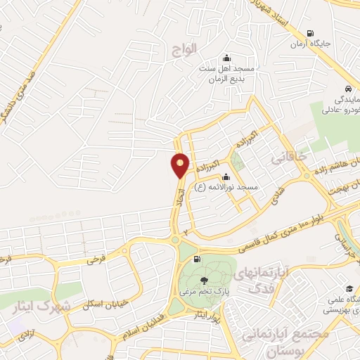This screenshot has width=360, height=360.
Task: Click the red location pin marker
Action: tap(180, 165)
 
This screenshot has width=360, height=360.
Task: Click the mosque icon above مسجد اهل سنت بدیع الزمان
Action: tap(226, 58)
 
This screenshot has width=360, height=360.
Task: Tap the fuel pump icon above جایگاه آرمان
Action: tap(310, 33)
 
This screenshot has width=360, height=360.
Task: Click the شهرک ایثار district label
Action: tap(41, 308)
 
